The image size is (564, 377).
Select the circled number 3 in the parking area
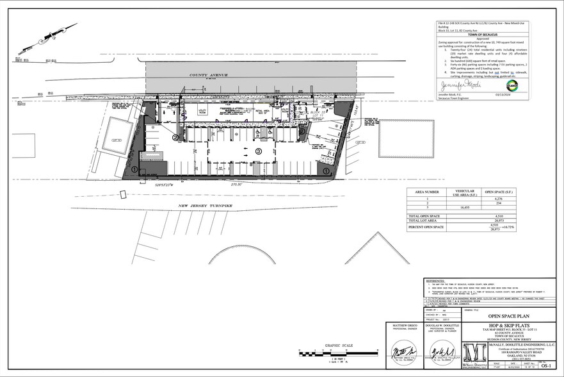click(x=259, y=151)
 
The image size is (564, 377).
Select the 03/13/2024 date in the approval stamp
click(x=515, y=95)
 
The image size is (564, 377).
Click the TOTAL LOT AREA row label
click(x=423, y=221)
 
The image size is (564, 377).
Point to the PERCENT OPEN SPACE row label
click(x=428, y=228)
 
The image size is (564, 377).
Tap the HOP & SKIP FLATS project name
click(x=503, y=324)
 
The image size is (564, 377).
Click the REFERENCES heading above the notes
click(x=437, y=280)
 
